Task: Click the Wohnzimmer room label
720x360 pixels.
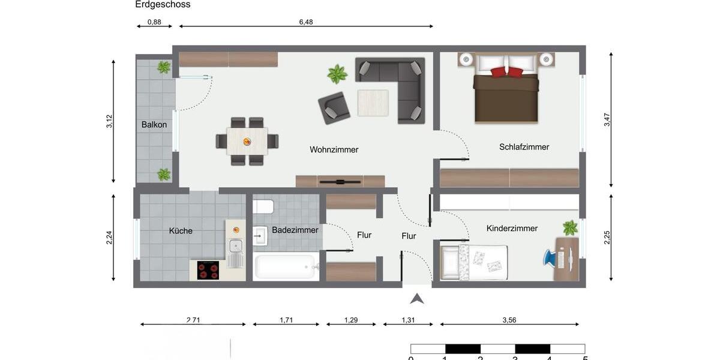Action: [x=334, y=149]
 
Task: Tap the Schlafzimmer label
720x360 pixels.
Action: [x=524, y=147]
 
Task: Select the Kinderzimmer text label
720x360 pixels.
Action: [x=512, y=229]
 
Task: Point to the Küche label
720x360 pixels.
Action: [x=181, y=230]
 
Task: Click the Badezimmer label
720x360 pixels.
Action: [x=295, y=230]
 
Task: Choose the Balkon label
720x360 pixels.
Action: [x=154, y=125]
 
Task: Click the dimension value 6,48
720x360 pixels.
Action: [x=306, y=22]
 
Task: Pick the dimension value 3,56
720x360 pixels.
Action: [x=509, y=320]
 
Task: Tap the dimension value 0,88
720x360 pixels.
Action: [x=154, y=22]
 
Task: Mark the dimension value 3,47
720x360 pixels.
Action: [x=607, y=119]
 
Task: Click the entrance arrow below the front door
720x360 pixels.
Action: [x=417, y=298]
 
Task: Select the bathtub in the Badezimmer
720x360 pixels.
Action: [x=286, y=267]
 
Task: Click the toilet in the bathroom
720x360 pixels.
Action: [x=263, y=207]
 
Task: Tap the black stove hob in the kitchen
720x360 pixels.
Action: [x=208, y=271]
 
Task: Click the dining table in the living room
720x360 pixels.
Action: [x=247, y=141]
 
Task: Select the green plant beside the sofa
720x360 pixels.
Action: [x=337, y=74]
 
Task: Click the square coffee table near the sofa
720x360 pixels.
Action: [x=373, y=103]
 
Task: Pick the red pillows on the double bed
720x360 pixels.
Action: [x=507, y=72]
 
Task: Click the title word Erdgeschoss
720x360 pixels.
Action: [x=163, y=5]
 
